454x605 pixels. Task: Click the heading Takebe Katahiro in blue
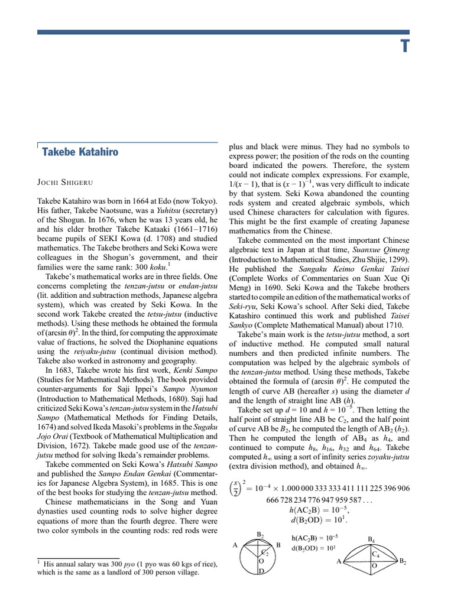click(80, 152)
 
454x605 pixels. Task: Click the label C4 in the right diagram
click(375, 554)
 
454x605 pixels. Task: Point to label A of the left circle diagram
click(235, 545)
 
